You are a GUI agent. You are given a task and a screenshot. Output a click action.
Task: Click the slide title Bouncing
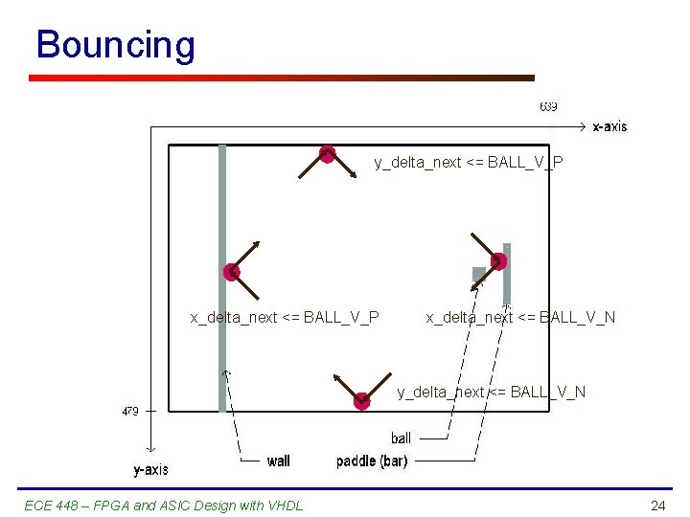(x=115, y=45)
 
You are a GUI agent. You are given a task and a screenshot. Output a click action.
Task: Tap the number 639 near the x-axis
(x=548, y=106)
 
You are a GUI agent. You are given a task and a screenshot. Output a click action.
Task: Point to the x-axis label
(x=609, y=126)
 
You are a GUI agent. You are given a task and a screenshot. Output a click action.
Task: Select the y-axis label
(x=150, y=469)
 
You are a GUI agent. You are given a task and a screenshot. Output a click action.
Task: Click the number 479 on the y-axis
(x=129, y=411)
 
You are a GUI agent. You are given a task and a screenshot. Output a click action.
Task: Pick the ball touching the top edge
(x=327, y=153)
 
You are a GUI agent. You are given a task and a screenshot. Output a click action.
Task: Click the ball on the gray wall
(x=231, y=272)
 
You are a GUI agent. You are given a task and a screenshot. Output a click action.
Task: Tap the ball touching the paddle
(x=498, y=260)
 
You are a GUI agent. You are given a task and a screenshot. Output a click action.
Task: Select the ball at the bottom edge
(x=361, y=401)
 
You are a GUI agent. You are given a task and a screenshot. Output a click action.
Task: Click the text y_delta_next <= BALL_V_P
(x=468, y=163)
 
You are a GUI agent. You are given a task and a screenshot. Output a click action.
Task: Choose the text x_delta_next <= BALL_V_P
(x=285, y=317)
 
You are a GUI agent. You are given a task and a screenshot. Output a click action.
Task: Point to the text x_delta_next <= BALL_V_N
(x=520, y=317)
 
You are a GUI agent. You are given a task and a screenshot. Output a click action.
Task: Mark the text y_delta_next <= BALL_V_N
(x=492, y=392)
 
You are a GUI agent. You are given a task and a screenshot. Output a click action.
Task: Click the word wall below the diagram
(x=279, y=461)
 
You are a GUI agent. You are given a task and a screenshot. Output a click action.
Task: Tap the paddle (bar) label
(x=372, y=461)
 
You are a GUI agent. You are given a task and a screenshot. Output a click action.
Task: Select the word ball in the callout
(x=401, y=438)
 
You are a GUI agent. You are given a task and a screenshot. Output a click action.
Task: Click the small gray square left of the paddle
(x=479, y=274)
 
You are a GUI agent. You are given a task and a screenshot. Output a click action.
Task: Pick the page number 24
(x=657, y=506)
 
